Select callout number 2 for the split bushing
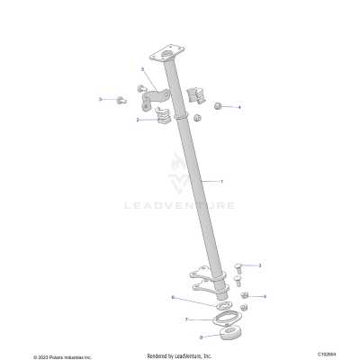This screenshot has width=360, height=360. [x=138, y=120]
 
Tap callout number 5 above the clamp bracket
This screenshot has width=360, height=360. [x=142, y=69]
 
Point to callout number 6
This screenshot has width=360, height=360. [x=173, y=296]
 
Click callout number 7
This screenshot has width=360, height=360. [x=187, y=319]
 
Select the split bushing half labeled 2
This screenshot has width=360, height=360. [x=160, y=117]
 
